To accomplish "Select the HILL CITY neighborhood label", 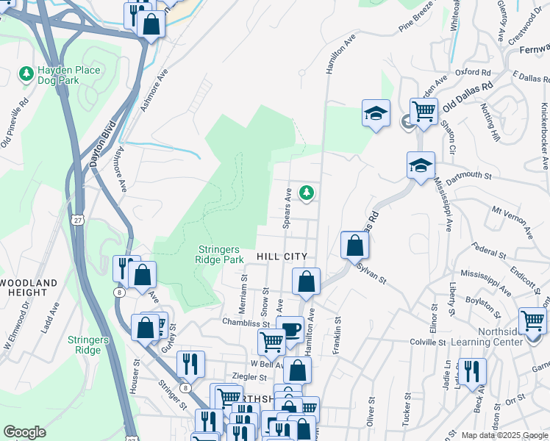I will tap(282, 255).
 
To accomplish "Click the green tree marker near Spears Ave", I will tap(307, 193).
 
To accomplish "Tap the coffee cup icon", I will tap(292, 328).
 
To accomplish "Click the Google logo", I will tap(24, 432).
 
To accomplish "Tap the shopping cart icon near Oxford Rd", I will tap(424, 112).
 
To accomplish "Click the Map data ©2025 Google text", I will tap(504, 435).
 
